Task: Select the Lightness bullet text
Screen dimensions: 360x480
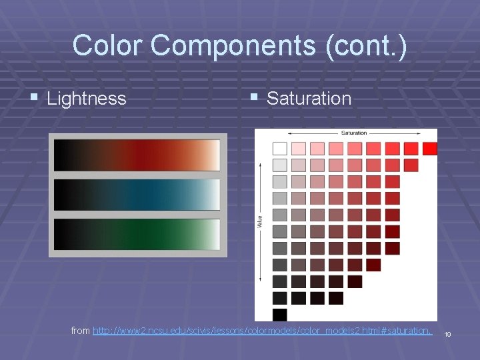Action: pyautogui.click(x=87, y=99)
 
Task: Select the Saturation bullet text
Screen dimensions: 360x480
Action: pyautogui.click(x=309, y=99)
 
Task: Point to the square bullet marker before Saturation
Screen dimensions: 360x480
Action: pyautogui.click(x=254, y=97)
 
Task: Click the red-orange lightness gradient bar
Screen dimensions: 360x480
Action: pyautogui.click(x=137, y=155)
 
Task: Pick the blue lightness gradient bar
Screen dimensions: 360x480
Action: pyautogui.click(x=137, y=194)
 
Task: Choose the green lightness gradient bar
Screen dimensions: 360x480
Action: pyautogui.click(x=137, y=234)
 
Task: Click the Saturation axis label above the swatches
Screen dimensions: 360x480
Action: pyautogui.click(x=354, y=133)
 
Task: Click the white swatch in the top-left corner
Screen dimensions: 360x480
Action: pyautogui.click(x=280, y=149)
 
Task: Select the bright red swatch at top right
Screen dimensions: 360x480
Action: pyautogui.click(x=430, y=149)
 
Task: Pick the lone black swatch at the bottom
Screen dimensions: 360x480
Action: pyautogui.click(x=280, y=314)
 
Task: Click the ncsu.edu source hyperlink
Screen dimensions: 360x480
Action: pyautogui.click(x=263, y=331)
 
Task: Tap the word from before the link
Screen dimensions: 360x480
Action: pyautogui.click(x=81, y=331)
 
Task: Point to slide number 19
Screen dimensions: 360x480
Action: pyautogui.click(x=448, y=334)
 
